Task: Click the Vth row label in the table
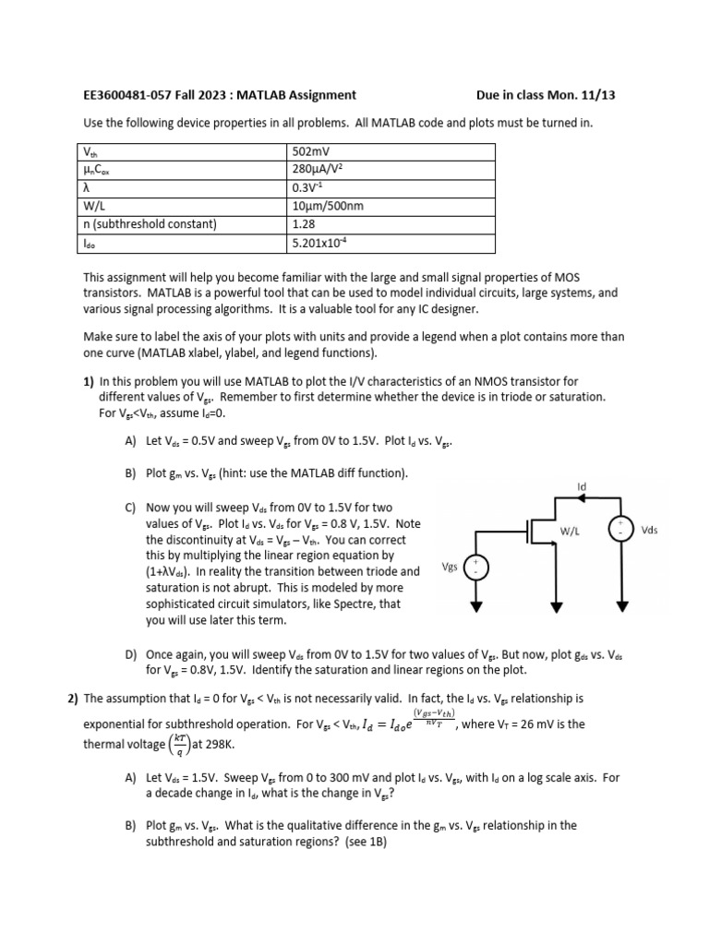(x=90, y=151)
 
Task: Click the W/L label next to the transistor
(x=570, y=532)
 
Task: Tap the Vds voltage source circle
(x=618, y=529)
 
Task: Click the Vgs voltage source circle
(x=477, y=567)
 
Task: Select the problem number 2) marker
(x=73, y=700)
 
